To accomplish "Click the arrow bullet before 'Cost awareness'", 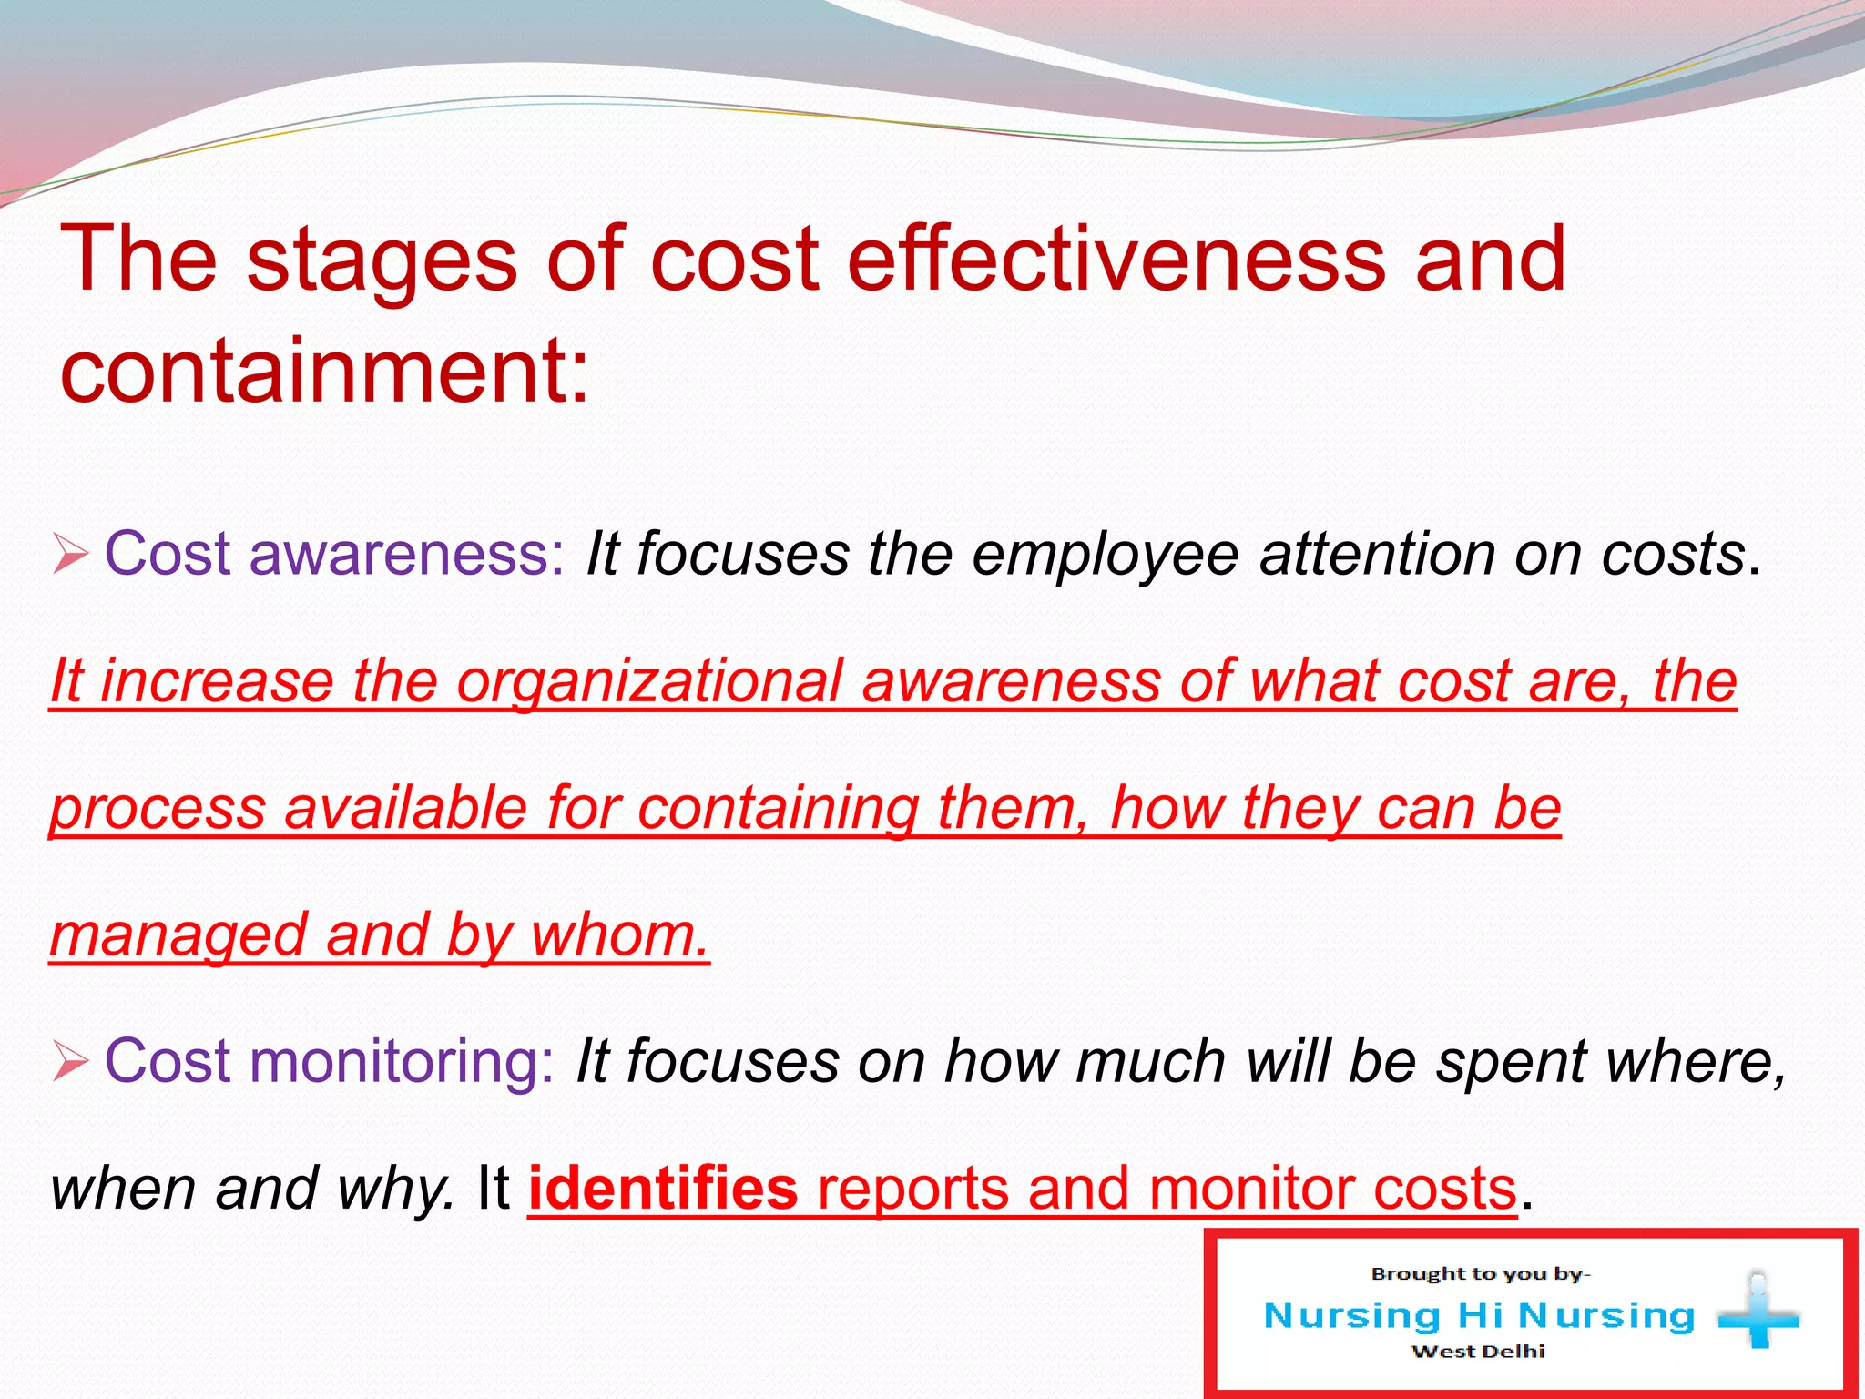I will pyautogui.click(x=70, y=554).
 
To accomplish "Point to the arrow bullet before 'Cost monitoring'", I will pyautogui.click(x=70, y=1061).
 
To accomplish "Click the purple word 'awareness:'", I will pyautogui.click(x=407, y=554).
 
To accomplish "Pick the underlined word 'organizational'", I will pyautogui.click(x=649, y=681).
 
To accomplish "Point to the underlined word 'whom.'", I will pyautogui.click(x=619, y=935).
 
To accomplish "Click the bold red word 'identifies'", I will pyautogui.click(x=662, y=1189).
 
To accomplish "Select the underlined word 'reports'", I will pyautogui.click(x=912, y=1189).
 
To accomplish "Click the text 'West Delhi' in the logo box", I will pyautogui.click(x=1477, y=1352).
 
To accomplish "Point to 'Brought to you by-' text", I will pyautogui.click(x=1480, y=1274).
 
